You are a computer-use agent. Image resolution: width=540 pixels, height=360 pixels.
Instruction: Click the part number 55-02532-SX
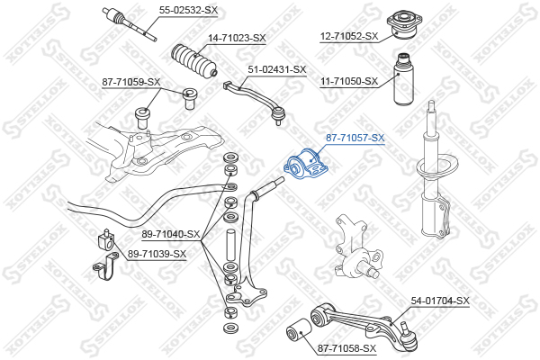(x=188, y=10)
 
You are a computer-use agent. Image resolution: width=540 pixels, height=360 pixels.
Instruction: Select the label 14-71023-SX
(x=237, y=38)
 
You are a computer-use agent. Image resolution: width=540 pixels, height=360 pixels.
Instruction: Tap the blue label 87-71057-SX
(x=355, y=138)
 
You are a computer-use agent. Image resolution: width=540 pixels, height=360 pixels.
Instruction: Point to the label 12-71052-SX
(x=349, y=36)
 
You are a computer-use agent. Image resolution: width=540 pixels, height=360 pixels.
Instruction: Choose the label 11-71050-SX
(x=349, y=82)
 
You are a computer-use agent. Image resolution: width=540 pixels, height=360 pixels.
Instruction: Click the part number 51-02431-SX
(x=277, y=69)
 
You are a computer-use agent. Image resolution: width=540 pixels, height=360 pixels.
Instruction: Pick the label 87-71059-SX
(x=131, y=82)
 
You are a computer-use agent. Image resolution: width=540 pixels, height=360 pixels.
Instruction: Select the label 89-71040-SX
(x=171, y=235)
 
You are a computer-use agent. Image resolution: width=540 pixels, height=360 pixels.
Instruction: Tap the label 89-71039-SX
(x=157, y=254)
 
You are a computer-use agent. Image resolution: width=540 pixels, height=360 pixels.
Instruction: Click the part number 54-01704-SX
(x=440, y=301)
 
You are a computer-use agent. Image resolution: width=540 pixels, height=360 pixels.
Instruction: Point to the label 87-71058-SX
(x=346, y=348)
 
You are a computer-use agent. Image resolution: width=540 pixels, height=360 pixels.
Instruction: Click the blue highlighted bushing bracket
(x=305, y=165)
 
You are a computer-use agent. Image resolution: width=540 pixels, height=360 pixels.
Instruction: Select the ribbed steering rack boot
(x=194, y=60)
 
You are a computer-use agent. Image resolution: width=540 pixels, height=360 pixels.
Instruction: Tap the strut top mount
(x=403, y=24)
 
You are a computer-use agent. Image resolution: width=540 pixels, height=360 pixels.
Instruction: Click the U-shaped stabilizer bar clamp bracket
(x=105, y=266)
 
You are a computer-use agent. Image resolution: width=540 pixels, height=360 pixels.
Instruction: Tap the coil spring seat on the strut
(x=437, y=166)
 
